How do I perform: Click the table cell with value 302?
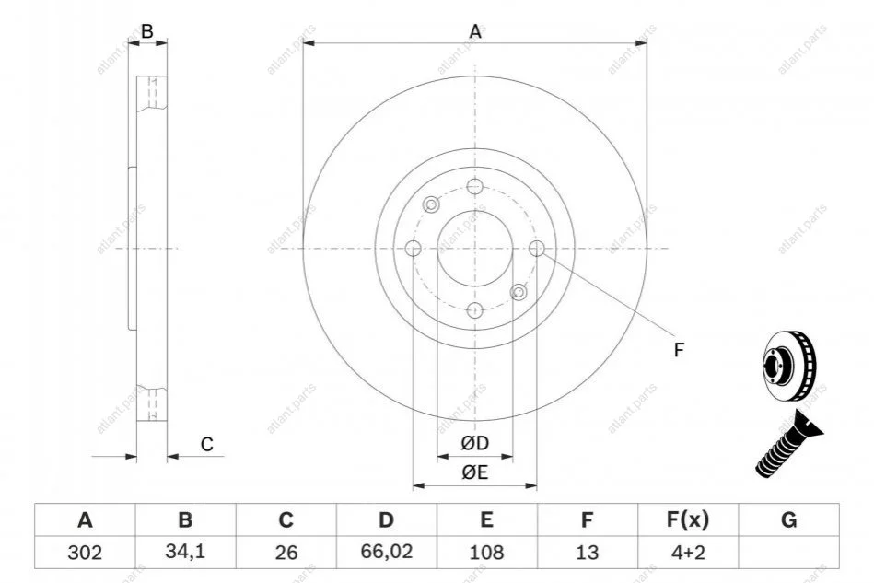click(85, 553)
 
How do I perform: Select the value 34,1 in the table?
click(185, 552)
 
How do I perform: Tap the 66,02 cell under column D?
click(386, 552)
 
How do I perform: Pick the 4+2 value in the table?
click(688, 553)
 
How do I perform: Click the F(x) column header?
click(688, 519)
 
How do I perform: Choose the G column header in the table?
click(788, 519)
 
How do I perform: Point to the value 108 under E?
click(486, 553)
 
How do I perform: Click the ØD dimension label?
click(475, 443)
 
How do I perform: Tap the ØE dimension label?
click(475, 472)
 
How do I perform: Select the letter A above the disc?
click(475, 31)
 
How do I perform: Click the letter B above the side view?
click(146, 31)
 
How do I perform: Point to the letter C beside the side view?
click(207, 445)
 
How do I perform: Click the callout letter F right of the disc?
click(679, 350)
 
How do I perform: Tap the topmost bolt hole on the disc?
click(475, 186)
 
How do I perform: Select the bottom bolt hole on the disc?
click(475, 309)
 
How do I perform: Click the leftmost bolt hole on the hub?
click(413, 248)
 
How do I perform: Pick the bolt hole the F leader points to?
click(536, 248)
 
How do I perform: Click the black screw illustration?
click(788, 444)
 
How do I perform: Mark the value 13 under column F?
click(587, 553)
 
